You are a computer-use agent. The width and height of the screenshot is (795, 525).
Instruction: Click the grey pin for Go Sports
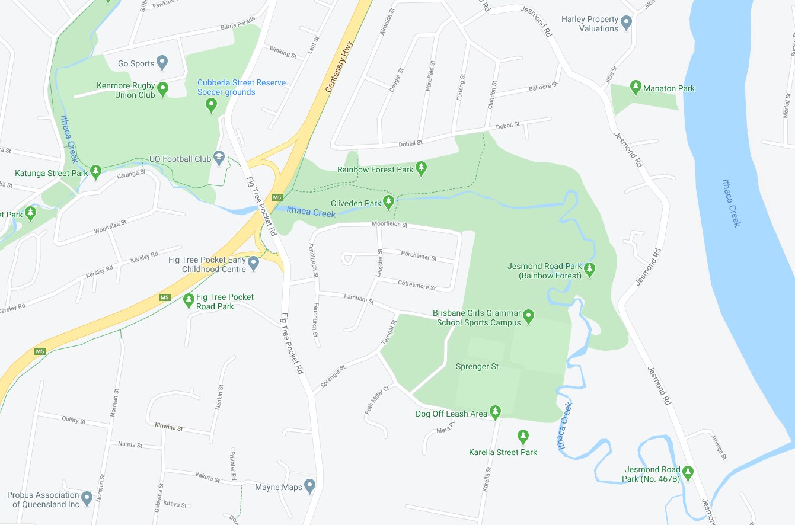pyautogui.click(x=162, y=62)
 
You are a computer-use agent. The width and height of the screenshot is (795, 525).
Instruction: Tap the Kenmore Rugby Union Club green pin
pyautogui.click(x=163, y=89)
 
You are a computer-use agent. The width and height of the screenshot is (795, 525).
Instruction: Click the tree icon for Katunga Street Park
pyautogui.click(x=95, y=172)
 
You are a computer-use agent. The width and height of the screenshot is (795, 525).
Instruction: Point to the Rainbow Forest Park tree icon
pyautogui.click(x=421, y=168)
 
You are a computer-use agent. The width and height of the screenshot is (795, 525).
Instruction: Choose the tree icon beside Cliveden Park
pyautogui.click(x=389, y=202)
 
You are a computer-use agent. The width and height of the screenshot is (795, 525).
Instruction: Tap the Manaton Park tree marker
pyautogui.click(x=636, y=87)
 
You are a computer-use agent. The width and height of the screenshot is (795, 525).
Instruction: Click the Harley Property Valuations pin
pyautogui.click(x=627, y=23)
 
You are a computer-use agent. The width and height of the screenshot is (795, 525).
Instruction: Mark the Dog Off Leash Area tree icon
pyautogui.click(x=495, y=412)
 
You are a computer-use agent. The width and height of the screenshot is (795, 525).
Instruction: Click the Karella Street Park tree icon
pyautogui.click(x=523, y=437)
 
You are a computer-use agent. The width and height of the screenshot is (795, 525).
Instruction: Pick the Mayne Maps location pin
pyautogui.click(x=309, y=486)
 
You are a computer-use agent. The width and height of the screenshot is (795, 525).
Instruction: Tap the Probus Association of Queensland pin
pyautogui.click(x=87, y=498)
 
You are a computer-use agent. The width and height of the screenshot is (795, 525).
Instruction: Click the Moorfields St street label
pyautogui.click(x=389, y=225)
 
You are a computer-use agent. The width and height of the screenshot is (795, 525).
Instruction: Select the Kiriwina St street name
pyautogui.click(x=169, y=427)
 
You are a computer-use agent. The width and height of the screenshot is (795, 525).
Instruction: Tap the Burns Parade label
pyautogui.click(x=237, y=27)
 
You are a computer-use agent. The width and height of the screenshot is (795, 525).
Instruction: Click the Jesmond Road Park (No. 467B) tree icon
pyautogui.click(x=688, y=472)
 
